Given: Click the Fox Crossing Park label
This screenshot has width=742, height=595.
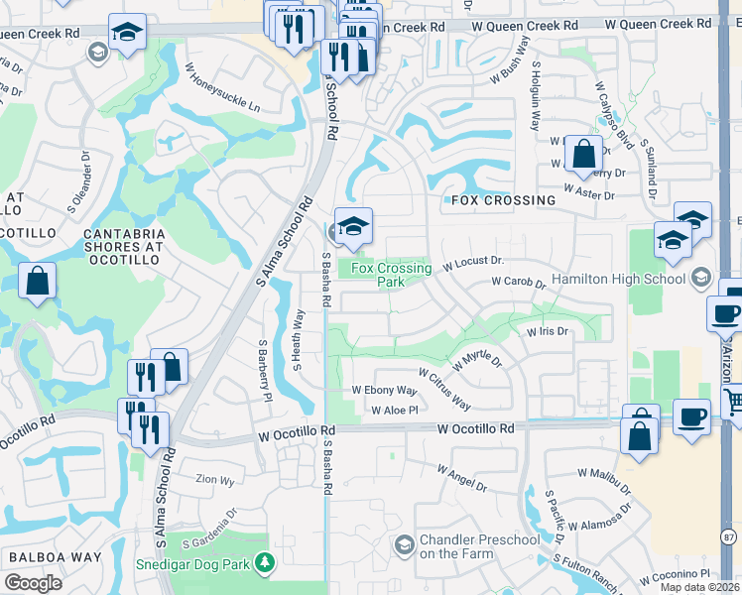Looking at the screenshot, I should [391, 275].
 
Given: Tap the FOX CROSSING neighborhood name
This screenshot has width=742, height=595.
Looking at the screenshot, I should [503, 200].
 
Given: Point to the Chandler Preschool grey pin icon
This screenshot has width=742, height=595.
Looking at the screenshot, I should [404, 545].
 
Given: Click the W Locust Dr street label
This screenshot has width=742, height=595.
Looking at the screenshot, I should [474, 264].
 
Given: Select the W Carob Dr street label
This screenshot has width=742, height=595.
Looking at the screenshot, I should [520, 283].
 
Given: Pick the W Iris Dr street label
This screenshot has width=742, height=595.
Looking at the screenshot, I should [547, 331].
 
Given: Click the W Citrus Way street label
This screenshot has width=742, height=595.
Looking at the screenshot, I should [444, 390].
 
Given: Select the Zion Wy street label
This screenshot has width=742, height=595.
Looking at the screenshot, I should [214, 479].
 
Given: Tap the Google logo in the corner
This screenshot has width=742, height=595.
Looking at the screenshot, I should [33, 582].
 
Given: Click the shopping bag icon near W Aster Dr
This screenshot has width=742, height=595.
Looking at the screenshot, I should [584, 154].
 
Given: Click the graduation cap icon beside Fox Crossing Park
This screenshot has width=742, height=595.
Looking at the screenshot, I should [353, 227].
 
